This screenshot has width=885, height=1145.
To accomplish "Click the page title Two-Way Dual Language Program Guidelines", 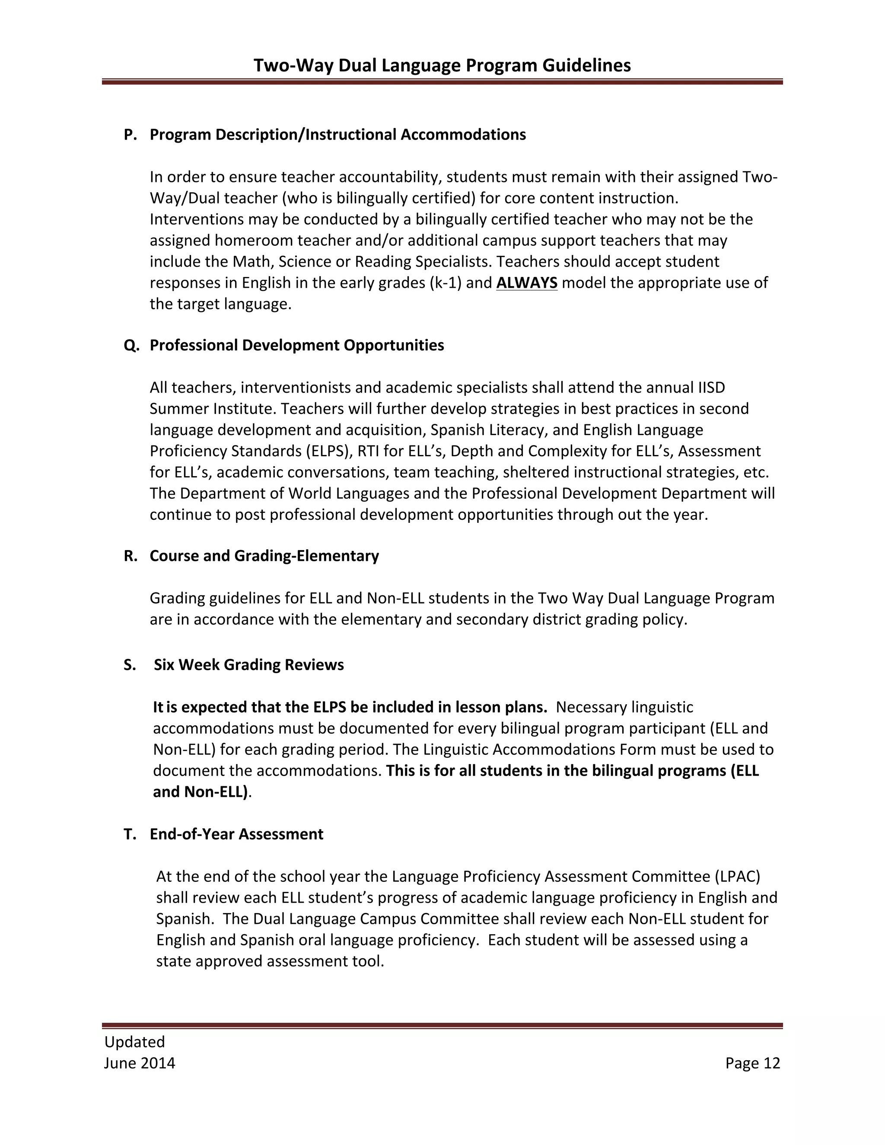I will tap(442, 65).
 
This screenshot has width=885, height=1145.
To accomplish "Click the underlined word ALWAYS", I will tap(526, 283).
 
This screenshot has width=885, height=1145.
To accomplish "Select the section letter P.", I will tap(130, 135).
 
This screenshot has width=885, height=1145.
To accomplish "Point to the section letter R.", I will tap(130, 556).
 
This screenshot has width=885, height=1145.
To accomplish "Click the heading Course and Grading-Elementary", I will tap(264, 556).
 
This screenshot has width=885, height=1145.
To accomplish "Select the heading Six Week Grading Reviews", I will tap(248, 665).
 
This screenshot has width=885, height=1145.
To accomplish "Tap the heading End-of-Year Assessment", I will tap(236, 834).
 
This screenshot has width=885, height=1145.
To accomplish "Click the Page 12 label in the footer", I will tap(752, 1063).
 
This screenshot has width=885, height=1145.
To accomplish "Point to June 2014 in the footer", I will tap(140, 1063).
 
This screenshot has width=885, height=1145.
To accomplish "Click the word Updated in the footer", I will tap(135, 1041).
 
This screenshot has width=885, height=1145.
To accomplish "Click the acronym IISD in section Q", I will tap(711, 388).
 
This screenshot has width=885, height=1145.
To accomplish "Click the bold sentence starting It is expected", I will tap(350, 707).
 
